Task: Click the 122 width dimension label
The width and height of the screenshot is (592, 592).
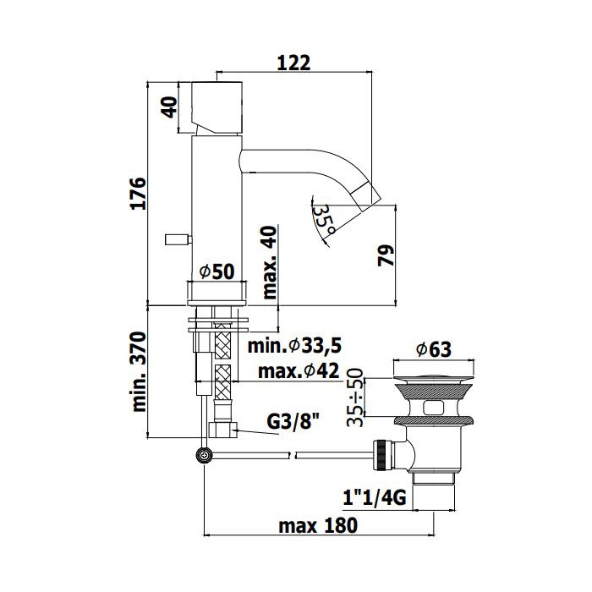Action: click(x=293, y=63)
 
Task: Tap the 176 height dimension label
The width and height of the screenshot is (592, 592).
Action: click(x=138, y=193)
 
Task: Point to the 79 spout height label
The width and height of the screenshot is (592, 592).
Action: click(x=386, y=255)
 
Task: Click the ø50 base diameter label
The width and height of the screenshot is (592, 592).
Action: click(x=217, y=271)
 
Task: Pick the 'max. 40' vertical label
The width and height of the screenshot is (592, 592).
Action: click(x=270, y=262)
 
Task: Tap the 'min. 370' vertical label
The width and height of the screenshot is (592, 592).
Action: click(x=139, y=371)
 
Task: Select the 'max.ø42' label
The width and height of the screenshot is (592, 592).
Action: click(x=299, y=371)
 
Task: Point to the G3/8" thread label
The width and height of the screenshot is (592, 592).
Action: click(x=293, y=421)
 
